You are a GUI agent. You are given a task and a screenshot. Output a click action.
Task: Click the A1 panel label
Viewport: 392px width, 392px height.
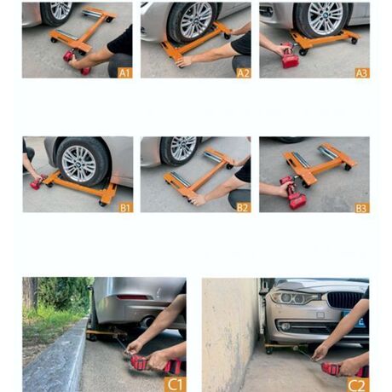[124, 72]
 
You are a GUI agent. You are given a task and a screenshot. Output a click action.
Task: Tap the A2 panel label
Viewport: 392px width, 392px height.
[243, 72]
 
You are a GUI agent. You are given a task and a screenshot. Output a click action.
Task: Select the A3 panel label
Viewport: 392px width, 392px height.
[361, 72]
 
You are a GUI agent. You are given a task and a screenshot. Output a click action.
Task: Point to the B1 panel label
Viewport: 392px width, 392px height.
[124, 207]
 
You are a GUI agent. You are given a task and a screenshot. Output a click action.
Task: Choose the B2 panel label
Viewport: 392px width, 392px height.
[243, 207]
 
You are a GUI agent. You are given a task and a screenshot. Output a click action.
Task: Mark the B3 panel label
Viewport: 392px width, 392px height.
[361, 207]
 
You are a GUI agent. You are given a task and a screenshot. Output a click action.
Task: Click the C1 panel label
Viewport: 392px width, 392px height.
[175, 383]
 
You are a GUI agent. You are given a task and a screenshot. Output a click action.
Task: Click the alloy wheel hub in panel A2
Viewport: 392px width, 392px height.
[194, 20]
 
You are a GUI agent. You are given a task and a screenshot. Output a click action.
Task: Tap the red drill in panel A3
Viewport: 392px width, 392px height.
[290, 58]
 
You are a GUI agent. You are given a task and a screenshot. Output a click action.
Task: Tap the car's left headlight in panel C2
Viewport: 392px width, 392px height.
[290, 297]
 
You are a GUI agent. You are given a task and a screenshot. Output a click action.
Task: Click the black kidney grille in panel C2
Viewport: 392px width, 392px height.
[344, 301]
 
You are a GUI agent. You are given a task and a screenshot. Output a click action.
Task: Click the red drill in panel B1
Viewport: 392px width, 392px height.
[37, 182]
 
